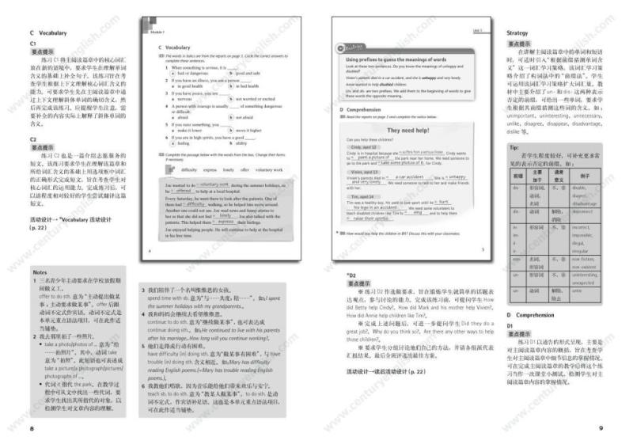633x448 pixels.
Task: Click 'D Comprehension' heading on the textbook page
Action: point(363,108)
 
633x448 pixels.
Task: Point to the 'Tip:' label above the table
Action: point(514,147)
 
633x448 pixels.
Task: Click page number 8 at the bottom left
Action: point(32,427)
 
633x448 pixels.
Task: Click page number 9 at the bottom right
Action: point(601,427)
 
